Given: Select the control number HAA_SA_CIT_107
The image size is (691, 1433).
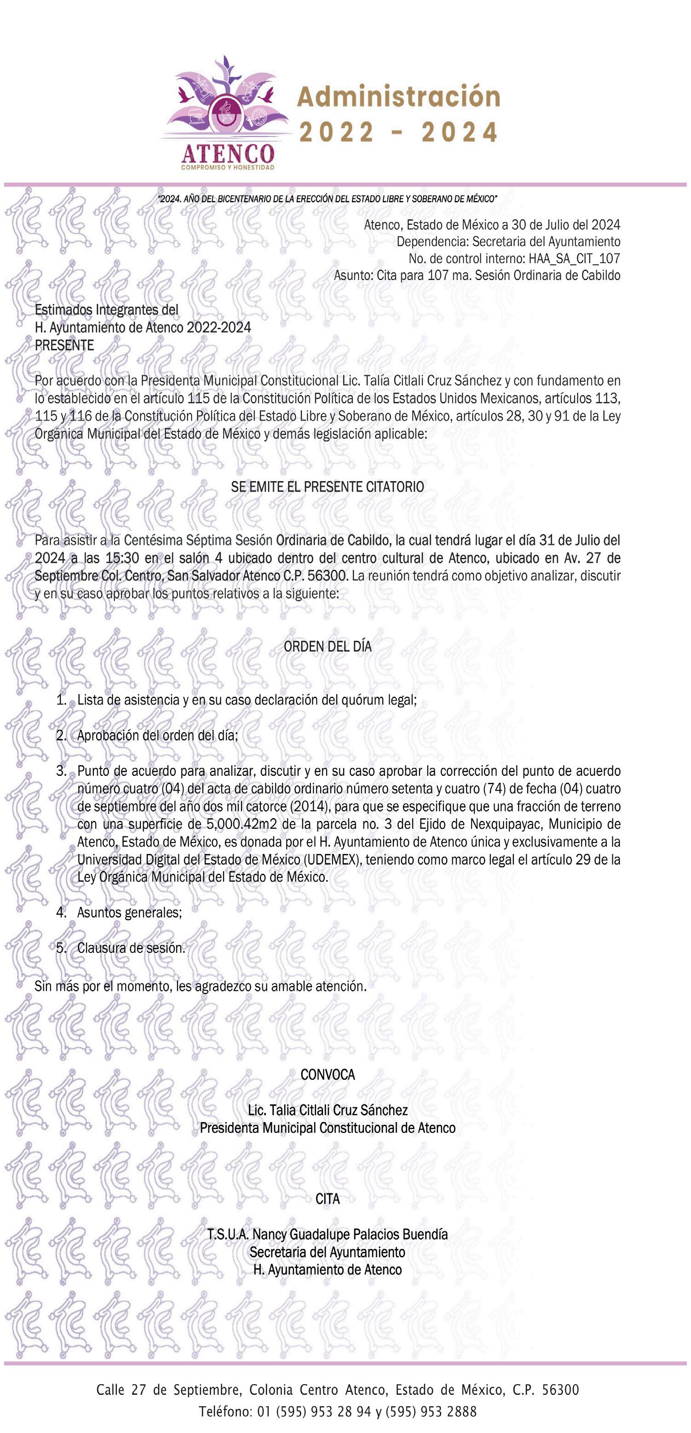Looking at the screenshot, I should (570, 258).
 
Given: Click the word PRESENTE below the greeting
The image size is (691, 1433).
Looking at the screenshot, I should (64, 345).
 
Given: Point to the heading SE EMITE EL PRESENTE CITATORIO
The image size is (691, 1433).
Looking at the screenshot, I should (327, 487).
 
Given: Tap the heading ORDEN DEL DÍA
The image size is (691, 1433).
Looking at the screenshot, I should (327, 647).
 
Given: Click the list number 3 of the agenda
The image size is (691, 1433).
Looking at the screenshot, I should (61, 771).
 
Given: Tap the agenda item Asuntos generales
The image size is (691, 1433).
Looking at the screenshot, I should (129, 912).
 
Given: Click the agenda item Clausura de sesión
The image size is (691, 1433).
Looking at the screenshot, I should (131, 948).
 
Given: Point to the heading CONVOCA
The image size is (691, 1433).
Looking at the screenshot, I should (327, 1075).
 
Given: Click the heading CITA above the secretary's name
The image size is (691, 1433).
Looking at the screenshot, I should (327, 1199).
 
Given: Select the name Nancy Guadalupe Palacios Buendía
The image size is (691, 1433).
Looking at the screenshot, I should (350, 1234).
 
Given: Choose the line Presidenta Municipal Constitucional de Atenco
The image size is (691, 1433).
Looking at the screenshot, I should (327, 1128).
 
